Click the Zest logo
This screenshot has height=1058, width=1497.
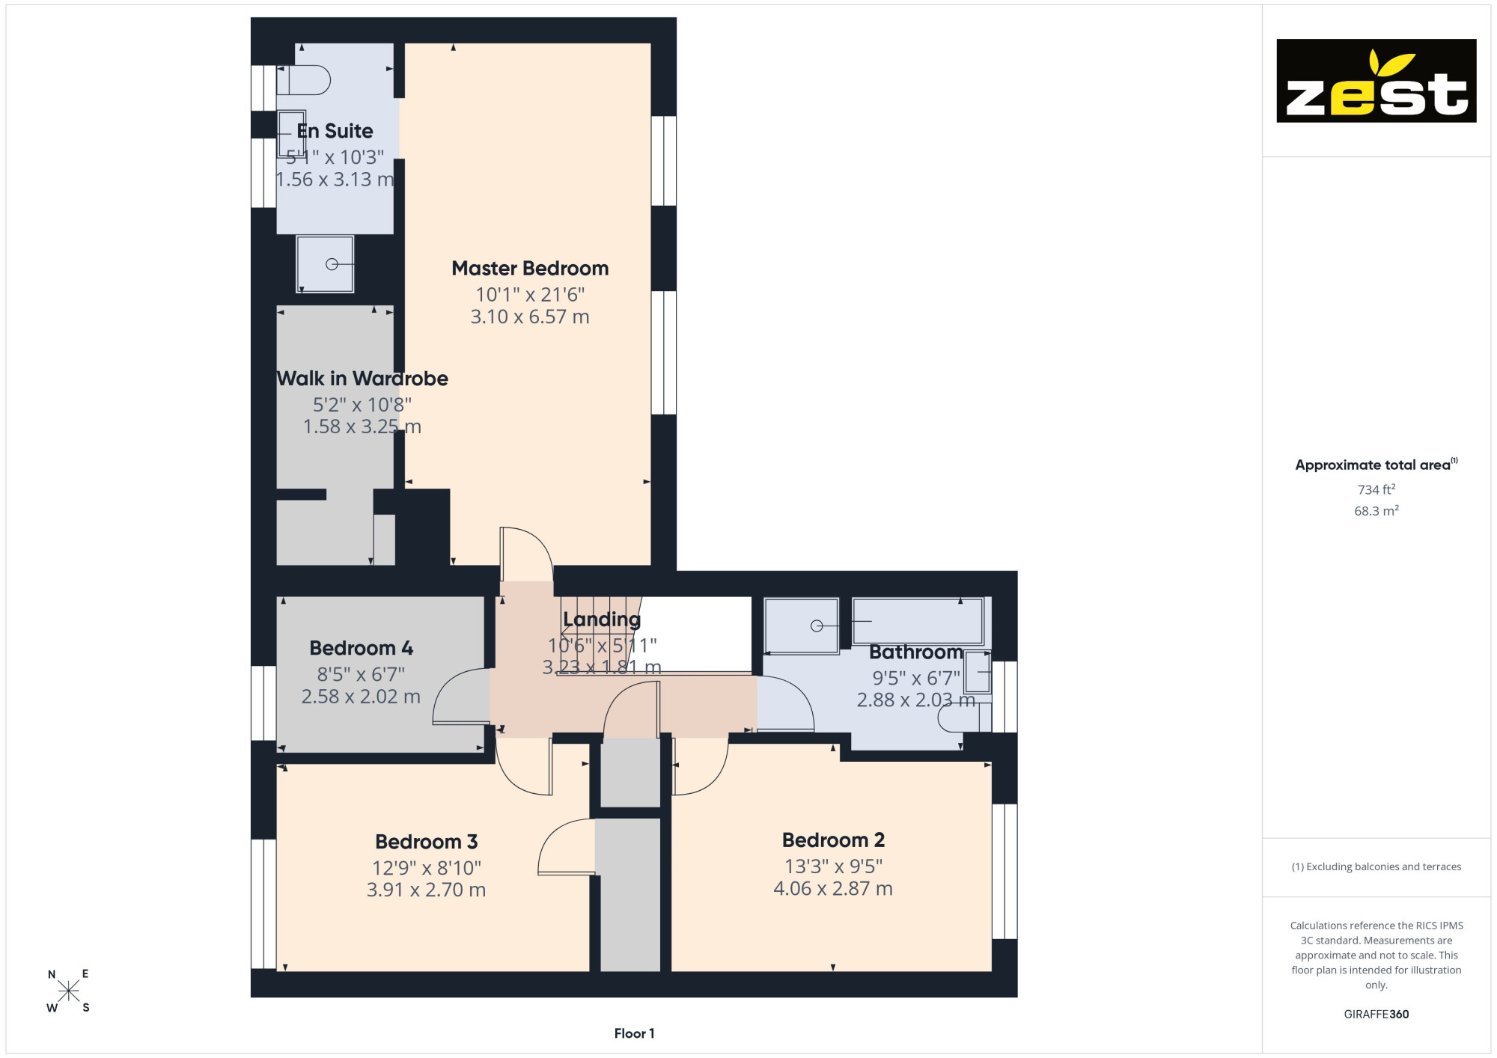(1376, 81)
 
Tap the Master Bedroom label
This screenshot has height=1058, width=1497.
(530, 269)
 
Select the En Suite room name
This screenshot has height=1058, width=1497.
(335, 131)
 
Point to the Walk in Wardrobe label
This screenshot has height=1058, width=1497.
(362, 379)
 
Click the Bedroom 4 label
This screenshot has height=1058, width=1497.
(362, 648)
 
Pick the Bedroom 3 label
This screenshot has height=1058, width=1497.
(427, 842)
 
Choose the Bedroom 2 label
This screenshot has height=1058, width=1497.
(833, 840)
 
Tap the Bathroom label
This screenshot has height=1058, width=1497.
(916, 652)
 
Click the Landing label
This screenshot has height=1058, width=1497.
(602, 620)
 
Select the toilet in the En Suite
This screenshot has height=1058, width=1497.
(304, 80)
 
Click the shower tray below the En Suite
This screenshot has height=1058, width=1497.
(325, 264)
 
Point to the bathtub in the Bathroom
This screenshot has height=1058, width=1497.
(918, 621)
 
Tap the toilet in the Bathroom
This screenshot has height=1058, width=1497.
(965, 718)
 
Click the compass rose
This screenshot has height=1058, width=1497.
(68, 991)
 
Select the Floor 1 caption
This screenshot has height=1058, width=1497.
(634, 1033)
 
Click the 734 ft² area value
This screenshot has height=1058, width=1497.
(1376, 489)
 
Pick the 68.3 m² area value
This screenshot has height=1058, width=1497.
(1376, 511)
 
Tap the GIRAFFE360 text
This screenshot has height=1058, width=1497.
(1376, 1015)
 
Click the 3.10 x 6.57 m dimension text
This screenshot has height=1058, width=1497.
(530, 317)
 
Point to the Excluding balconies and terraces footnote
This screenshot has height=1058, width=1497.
(1376, 866)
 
